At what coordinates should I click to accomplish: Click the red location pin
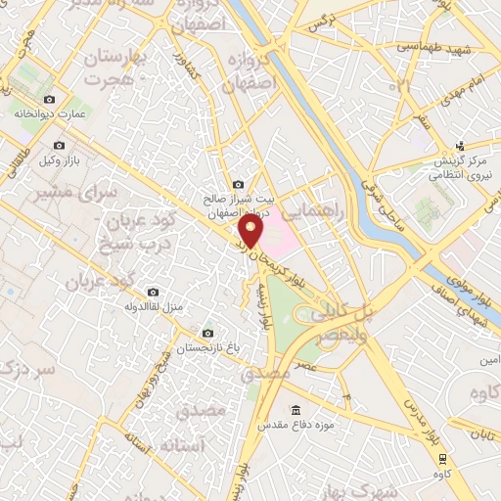point(251,233)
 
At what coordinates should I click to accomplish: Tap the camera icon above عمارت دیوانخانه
point(51,99)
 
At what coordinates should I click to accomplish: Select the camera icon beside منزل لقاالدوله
point(153,292)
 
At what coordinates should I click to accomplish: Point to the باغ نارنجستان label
point(205,348)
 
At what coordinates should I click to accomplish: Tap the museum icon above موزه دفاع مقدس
point(296,410)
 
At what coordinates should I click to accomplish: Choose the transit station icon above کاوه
point(443,458)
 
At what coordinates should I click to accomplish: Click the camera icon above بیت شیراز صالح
point(238,185)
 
